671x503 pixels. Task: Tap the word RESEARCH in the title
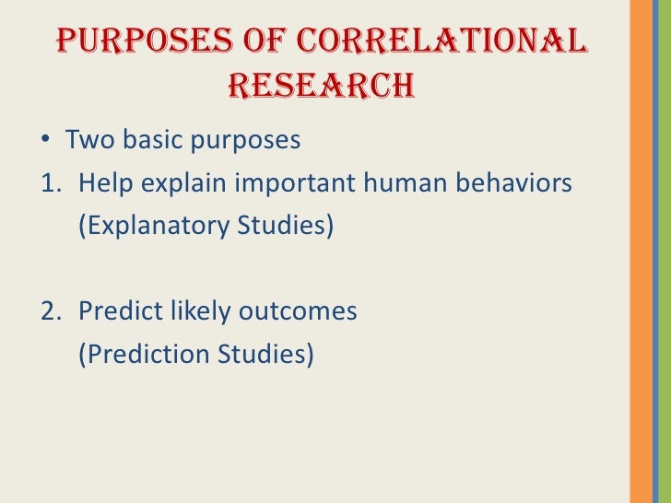[x=320, y=86]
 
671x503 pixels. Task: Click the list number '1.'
[x=51, y=184]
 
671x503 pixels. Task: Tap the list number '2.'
[x=51, y=311]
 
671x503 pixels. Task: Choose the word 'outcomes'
[x=297, y=311]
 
